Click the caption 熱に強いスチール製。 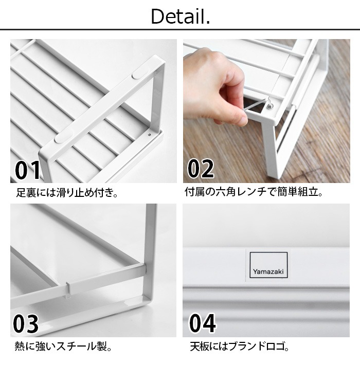point(63,346)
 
